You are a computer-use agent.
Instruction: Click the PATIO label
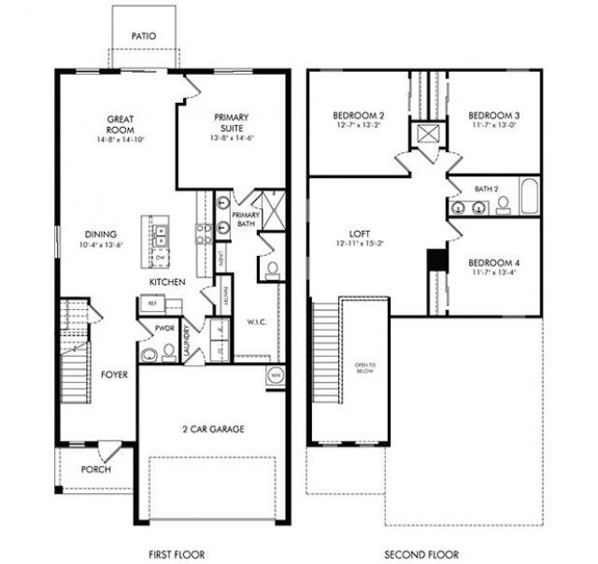(x=143, y=36)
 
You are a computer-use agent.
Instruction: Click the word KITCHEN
(x=166, y=281)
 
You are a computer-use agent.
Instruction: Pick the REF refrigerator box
(x=150, y=303)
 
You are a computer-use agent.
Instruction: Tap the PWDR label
(x=164, y=329)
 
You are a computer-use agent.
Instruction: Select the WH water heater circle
(x=276, y=375)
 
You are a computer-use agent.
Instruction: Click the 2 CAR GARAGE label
(x=213, y=430)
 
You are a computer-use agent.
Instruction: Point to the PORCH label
(x=95, y=469)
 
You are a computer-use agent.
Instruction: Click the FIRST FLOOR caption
(x=177, y=554)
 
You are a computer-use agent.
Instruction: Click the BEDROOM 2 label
(x=359, y=116)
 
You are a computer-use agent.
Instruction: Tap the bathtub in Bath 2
(x=529, y=196)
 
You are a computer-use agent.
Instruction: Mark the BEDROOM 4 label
(x=493, y=263)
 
